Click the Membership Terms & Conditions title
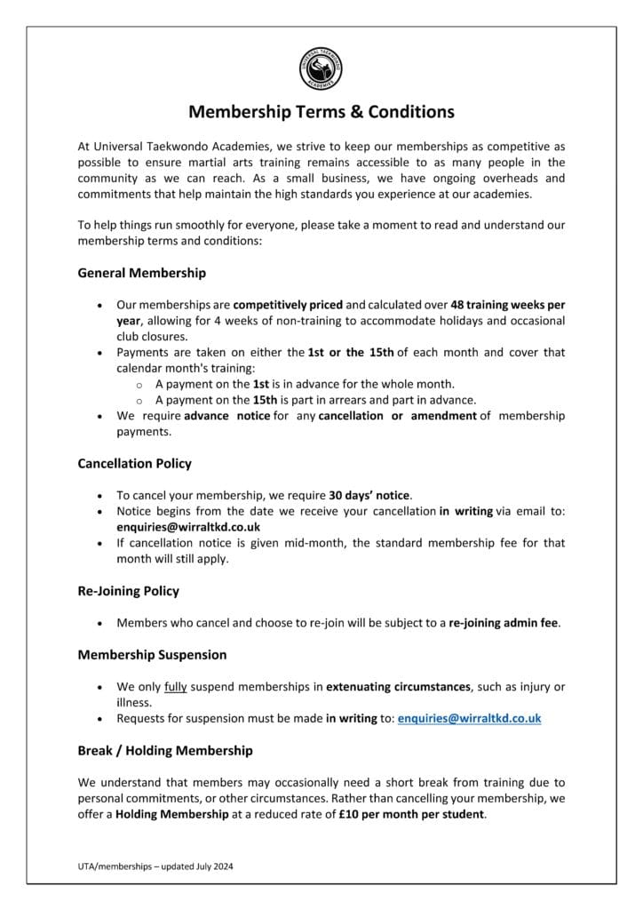[x=321, y=112]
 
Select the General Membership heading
[x=141, y=274]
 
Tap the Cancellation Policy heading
[x=134, y=463]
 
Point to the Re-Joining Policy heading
[x=128, y=590]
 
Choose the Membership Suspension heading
[x=152, y=654]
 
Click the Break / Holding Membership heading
[x=164, y=750]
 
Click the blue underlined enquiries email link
[x=469, y=718]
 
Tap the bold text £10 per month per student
[x=411, y=814]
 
